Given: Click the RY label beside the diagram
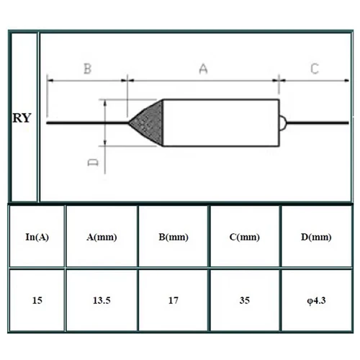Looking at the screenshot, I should click(22, 118).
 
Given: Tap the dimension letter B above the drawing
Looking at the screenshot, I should click(87, 69).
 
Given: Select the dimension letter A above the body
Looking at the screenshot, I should click(204, 69).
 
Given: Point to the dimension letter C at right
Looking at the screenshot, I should click(315, 69).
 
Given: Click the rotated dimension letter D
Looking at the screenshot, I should click(93, 163).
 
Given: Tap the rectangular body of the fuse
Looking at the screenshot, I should click(220, 122).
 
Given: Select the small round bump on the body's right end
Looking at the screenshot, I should click(283, 122).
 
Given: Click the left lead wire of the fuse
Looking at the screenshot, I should click(86, 122).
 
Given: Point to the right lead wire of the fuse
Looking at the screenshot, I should click(317, 122).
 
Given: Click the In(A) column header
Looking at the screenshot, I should click(37, 237).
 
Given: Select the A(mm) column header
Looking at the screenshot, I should click(101, 237).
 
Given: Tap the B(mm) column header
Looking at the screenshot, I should click(173, 237).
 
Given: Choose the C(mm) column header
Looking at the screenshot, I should click(244, 237).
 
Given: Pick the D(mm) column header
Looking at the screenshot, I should click(316, 237).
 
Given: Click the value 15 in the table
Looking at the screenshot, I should click(37, 300).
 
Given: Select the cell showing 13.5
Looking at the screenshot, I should click(101, 300).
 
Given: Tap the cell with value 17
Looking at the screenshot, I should click(173, 300).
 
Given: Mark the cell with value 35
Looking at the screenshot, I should click(244, 300).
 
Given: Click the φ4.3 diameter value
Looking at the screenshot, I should click(316, 300).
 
